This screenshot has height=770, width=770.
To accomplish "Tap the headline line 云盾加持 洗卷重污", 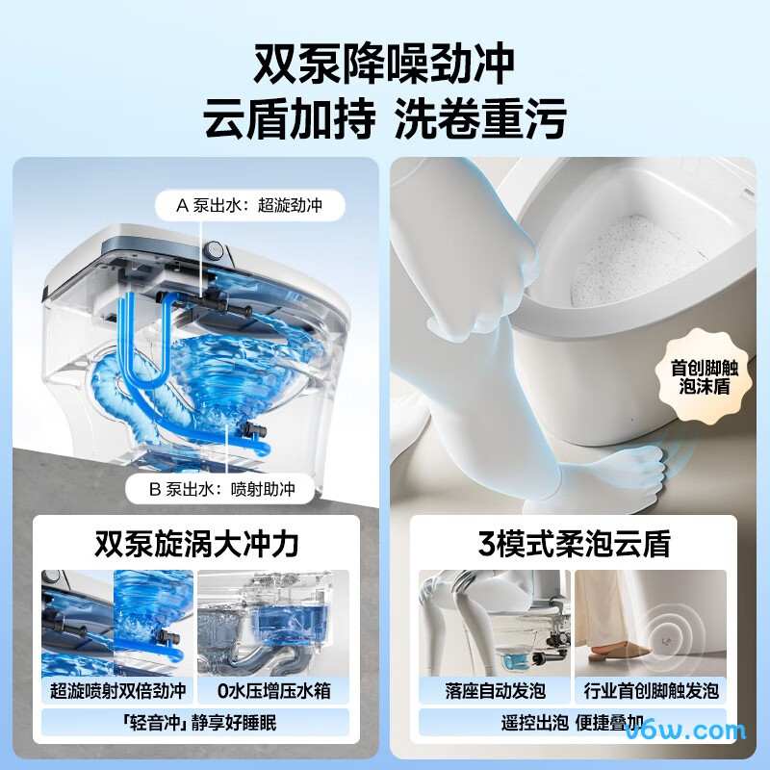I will point(384,119).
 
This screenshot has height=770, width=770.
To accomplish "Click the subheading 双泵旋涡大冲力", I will point(196,544).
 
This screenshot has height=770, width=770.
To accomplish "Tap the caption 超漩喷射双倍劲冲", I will point(117,690).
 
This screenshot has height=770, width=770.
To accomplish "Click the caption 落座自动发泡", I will point(495,690).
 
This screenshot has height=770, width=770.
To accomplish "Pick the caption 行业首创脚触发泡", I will point(651,690).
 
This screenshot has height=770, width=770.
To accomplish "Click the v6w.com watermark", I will point(696,731).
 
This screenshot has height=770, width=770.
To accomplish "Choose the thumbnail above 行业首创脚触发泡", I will point(651,623).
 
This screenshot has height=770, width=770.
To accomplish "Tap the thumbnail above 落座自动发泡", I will point(495,623).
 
